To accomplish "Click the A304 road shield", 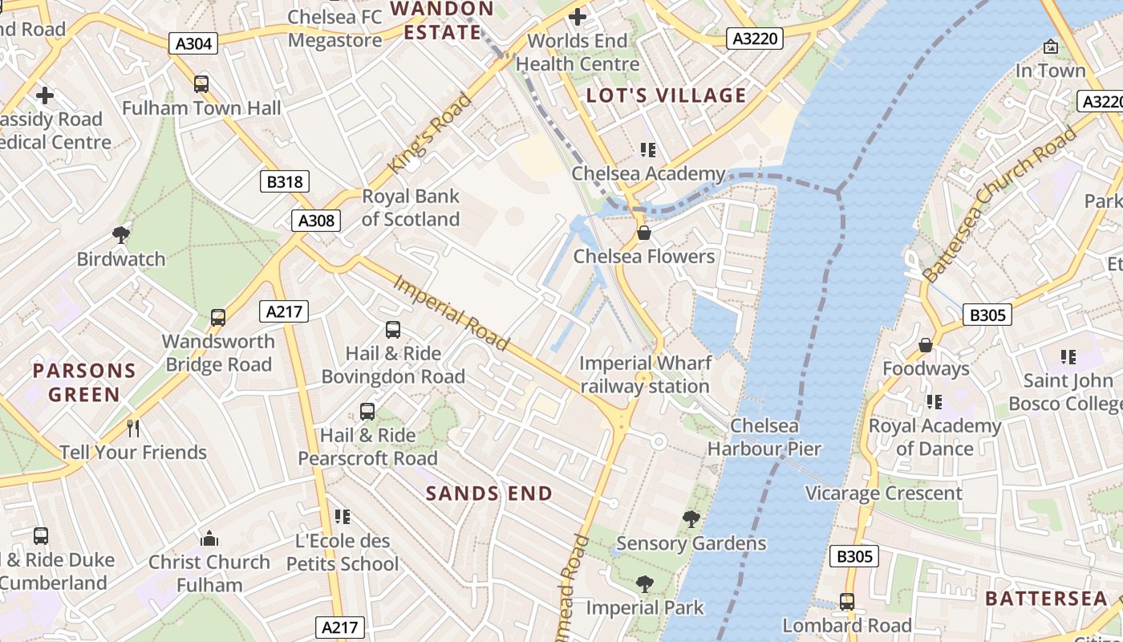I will click(x=193, y=43).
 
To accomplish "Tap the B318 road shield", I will click(x=285, y=181).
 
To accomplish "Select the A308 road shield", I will click(x=316, y=221).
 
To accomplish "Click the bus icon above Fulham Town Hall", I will click(x=201, y=83).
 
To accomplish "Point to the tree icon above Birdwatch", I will click(x=121, y=234).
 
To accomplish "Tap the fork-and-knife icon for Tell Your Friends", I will click(x=133, y=429).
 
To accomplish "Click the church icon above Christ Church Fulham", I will click(x=209, y=538).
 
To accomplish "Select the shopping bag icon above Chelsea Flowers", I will click(x=643, y=233).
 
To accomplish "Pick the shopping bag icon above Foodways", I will click(x=926, y=345).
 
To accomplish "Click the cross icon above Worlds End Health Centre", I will click(x=577, y=16).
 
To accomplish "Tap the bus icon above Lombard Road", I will click(x=846, y=601).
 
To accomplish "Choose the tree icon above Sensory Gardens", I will click(x=691, y=519).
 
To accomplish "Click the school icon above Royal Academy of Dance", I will click(x=934, y=401).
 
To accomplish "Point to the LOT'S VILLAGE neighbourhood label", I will click(x=666, y=95).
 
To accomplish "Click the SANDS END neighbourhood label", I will click(x=489, y=494).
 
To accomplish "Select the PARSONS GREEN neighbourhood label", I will click(x=84, y=383).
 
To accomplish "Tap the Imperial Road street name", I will click(x=451, y=313).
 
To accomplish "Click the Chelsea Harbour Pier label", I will click(x=764, y=437).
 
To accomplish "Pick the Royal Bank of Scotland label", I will click(x=411, y=208).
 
